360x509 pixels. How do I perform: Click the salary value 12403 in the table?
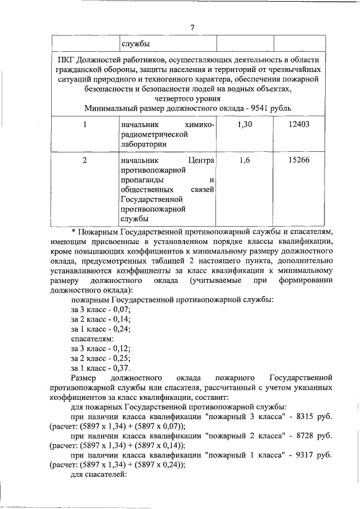(299, 124)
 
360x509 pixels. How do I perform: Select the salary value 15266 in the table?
(299, 160)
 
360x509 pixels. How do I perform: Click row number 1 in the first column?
(84, 124)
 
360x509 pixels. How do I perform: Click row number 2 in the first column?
(84, 160)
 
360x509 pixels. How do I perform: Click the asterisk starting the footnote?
(73, 231)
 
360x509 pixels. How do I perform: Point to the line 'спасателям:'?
(92, 339)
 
